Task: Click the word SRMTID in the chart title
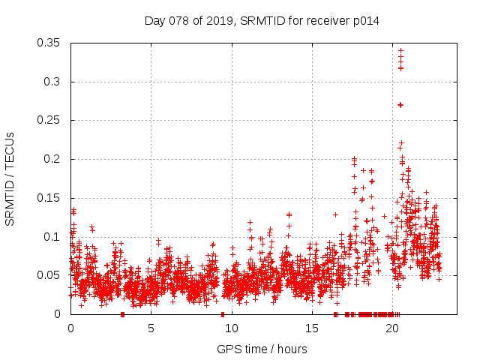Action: coord(260,21)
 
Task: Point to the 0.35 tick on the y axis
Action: coord(50,43)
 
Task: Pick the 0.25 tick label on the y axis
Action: coord(50,120)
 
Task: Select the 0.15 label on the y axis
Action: coord(50,198)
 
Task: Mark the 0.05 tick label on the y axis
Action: coord(50,275)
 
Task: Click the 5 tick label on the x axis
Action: coord(151,328)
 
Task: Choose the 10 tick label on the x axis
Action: coord(231,328)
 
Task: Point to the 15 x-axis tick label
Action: coord(311,328)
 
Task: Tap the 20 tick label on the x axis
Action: coord(391,328)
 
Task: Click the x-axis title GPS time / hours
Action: coord(262,349)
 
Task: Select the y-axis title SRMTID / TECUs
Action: coord(10,178)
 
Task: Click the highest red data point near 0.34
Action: coord(400,51)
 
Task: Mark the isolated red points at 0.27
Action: coord(400,105)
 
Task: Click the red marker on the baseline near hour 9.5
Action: coord(223,313)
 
